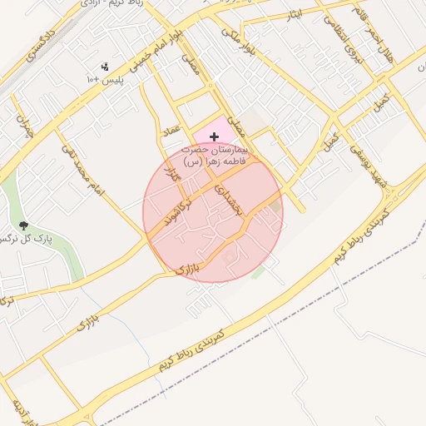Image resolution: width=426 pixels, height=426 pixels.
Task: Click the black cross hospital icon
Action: (x=214, y=136)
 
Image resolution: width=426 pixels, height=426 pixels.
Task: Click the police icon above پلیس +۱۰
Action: (x=105, y=66)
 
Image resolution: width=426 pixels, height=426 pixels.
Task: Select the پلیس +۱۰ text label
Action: (x=105, y=79)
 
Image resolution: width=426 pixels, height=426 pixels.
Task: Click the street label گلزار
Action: (x=173, y=176)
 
